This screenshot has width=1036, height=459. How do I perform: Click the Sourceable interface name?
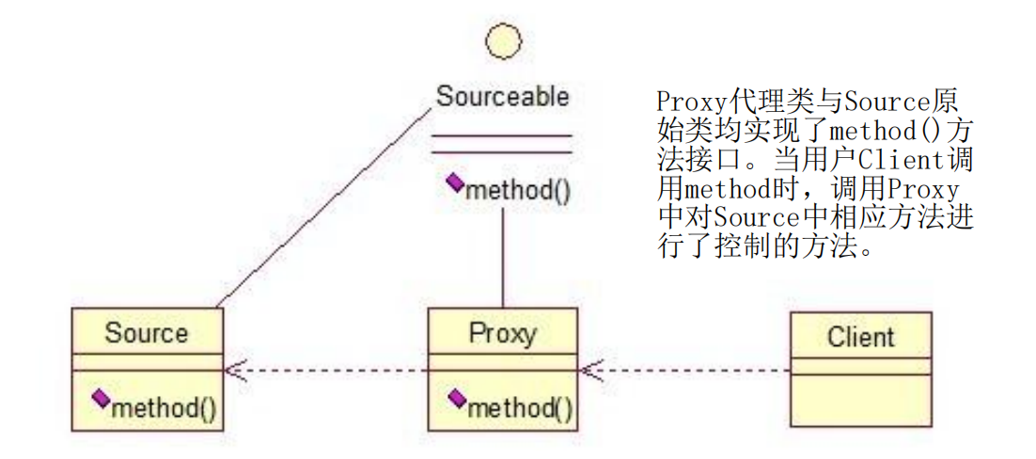click(x=503, y=96)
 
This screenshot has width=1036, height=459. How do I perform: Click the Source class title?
click(x=147, y=333)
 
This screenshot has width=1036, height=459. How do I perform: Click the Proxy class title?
click(x=503, y=333)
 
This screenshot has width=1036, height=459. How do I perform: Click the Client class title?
click(x=861, y=337)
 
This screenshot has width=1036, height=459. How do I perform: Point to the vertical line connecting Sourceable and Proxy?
click(x=504, y=259)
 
